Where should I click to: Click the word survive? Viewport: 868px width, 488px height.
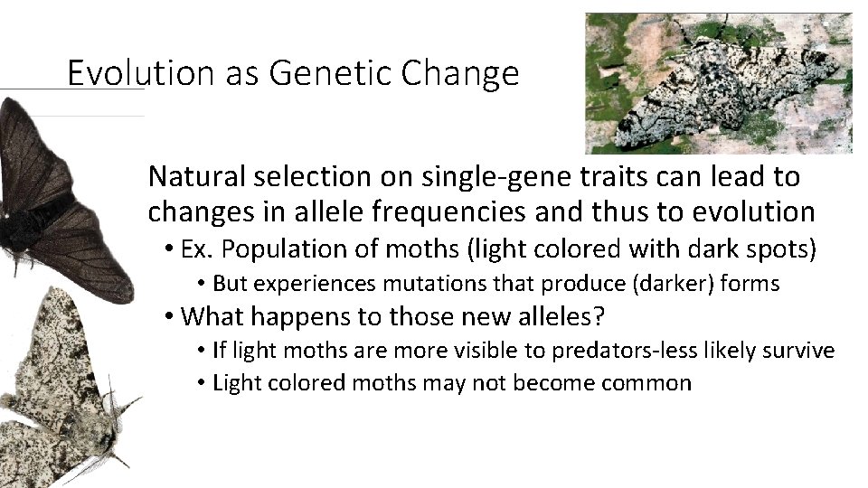click(x=802, y=350)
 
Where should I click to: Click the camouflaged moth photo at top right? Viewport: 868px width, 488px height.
click(x=719, y=83)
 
